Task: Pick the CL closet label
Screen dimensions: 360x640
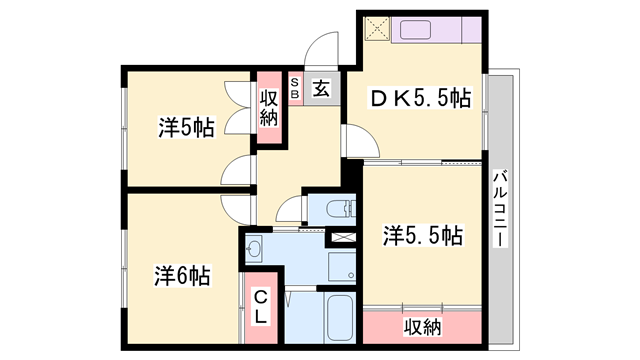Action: (260, 305)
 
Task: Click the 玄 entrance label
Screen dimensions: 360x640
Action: (321, 88)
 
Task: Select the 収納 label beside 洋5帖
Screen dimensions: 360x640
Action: (268, 107)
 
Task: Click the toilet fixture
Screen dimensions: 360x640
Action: (340, 208)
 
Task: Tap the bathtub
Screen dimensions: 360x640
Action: (338, 319)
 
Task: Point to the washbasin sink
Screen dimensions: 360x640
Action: (254, 249)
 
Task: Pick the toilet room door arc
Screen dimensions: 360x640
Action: (289, 209)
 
